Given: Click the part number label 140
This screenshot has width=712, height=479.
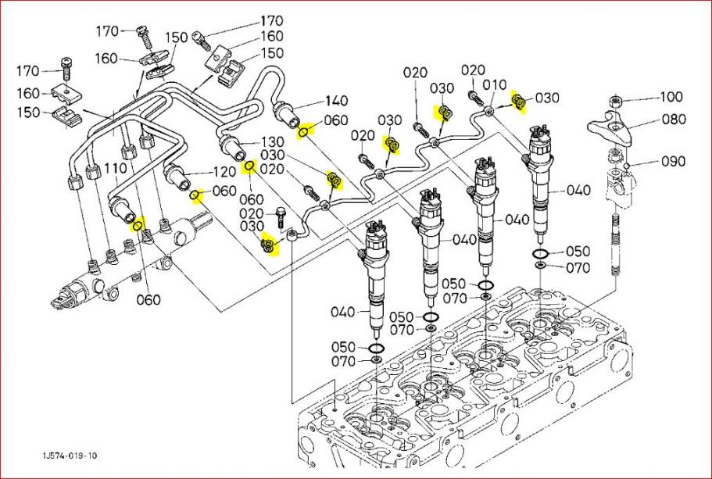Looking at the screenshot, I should pyautogui.click(x=337, y=101).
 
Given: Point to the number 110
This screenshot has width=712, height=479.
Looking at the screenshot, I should pyautogui.click(x=115, y=169).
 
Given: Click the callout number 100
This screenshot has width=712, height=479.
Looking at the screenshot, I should pyautogui.click(x=671, y=98).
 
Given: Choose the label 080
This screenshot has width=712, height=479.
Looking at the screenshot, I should pyautogui.click(x=673, y=120).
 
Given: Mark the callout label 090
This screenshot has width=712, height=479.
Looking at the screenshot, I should pyautogui.click(x=674, y=162).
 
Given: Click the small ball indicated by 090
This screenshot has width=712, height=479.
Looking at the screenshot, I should pyautogui.click(x=627, y=166).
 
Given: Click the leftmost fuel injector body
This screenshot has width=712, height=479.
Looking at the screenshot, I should pyautogui.click(x=373, y=281).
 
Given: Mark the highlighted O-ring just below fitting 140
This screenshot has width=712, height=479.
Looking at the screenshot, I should pyautogui.click(x=302, y=132).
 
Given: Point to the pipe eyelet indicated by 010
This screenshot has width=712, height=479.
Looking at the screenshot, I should pyautogui.click(x=488, y=112).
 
